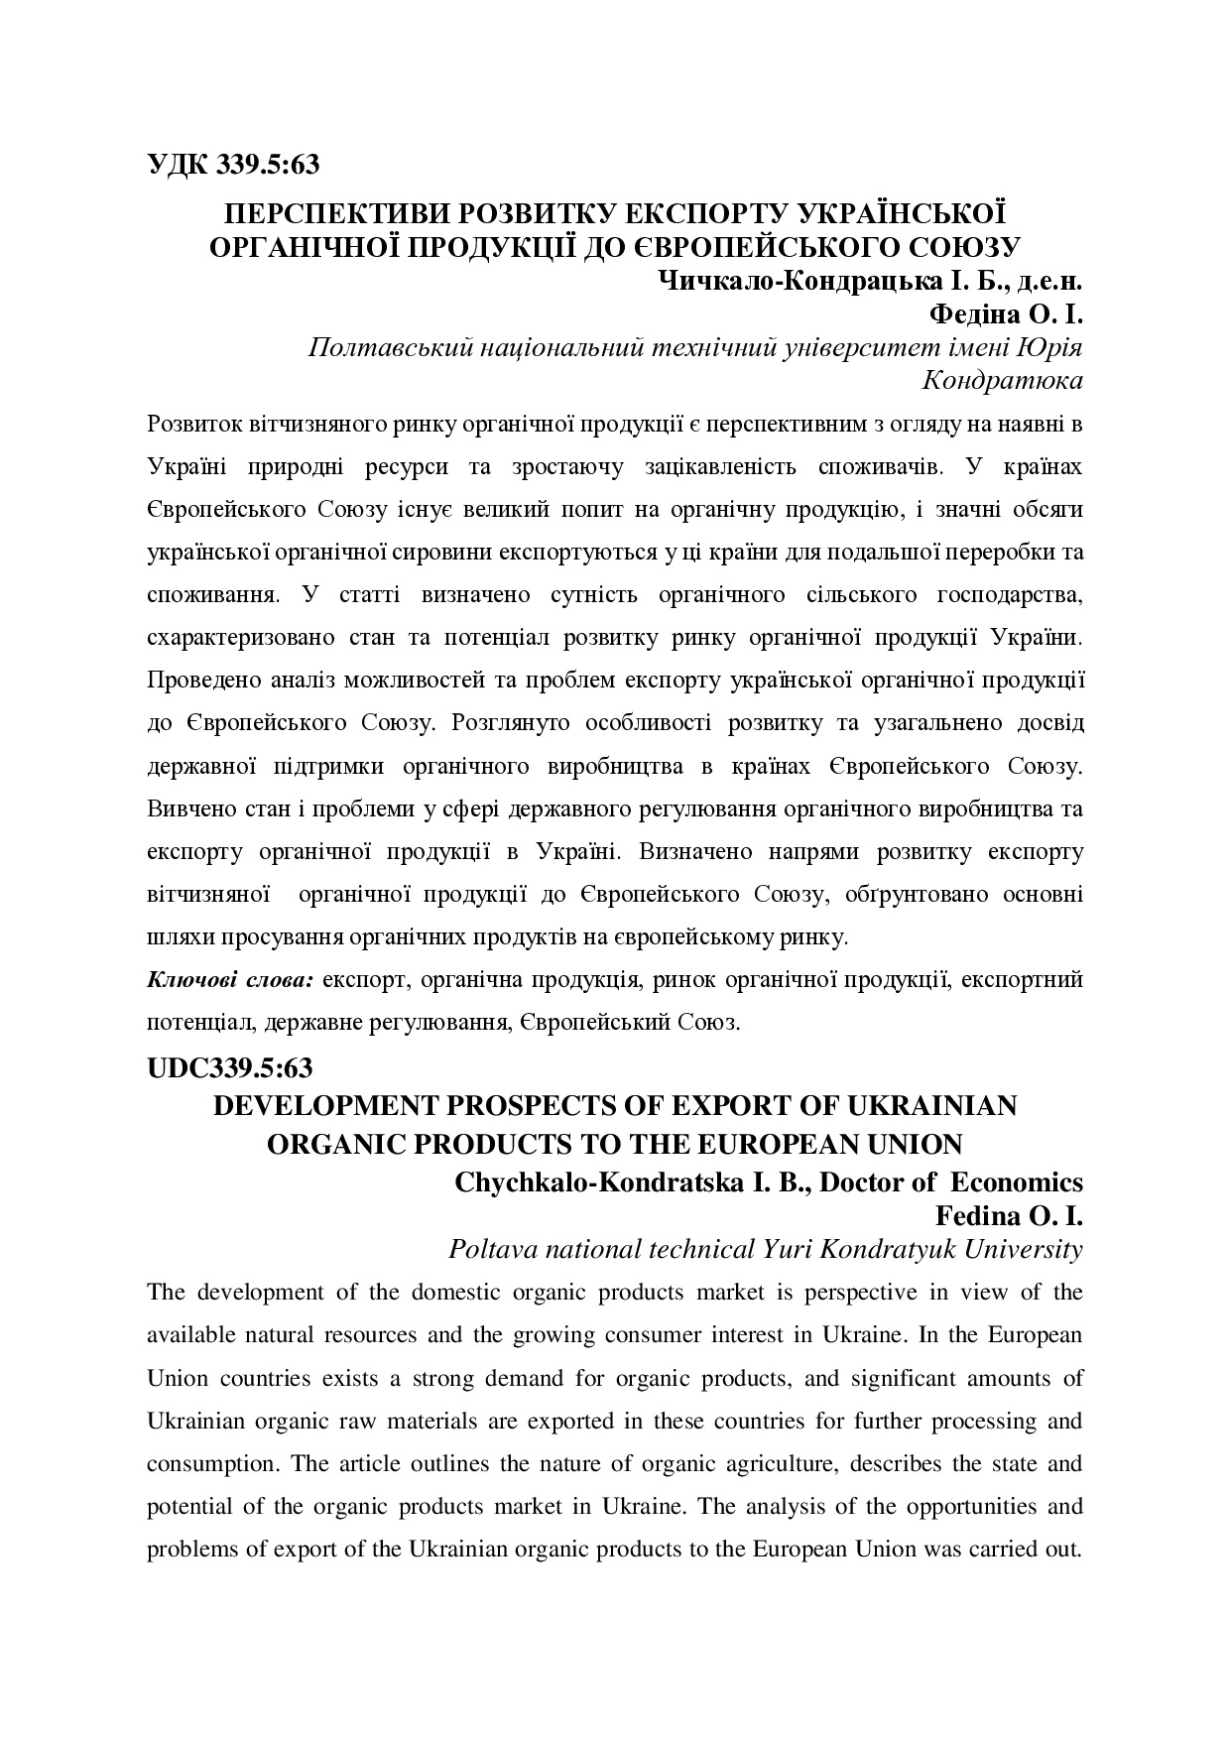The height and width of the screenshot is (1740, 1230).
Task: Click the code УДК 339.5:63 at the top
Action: point(233,164)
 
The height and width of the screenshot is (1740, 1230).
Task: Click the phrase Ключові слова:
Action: point(230,980)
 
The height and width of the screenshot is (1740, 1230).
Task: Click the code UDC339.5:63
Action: point(229,1068)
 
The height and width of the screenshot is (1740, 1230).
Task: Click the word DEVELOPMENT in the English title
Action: point(321,1105)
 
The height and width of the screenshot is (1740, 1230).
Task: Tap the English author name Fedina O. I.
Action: point(1009,1215)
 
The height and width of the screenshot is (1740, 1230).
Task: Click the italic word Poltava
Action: point(490,1249)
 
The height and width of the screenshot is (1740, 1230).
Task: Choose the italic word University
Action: point(1025,1249)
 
